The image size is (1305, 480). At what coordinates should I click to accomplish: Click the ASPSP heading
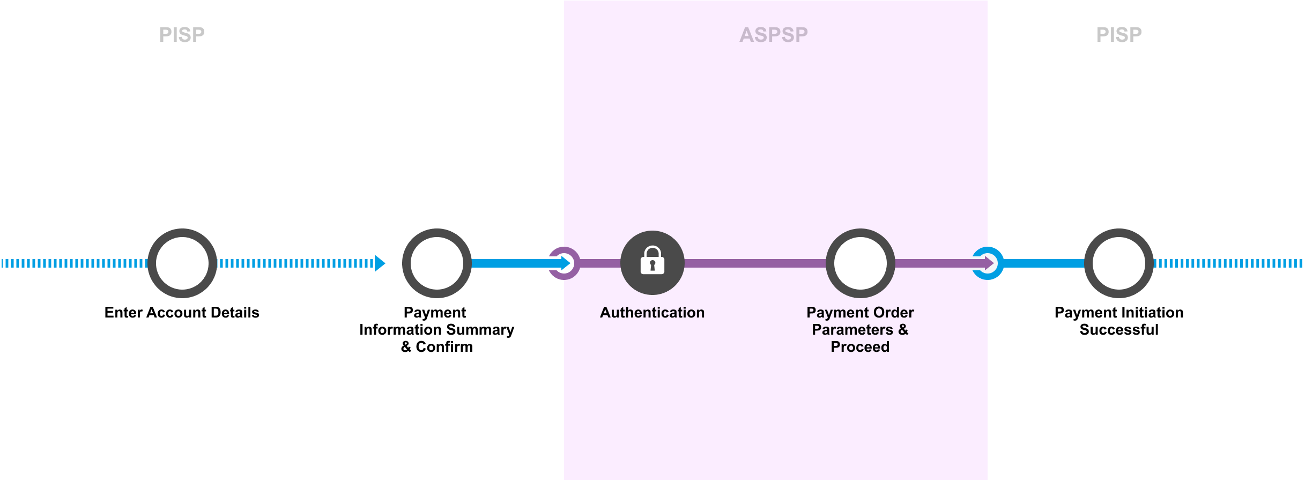(x=773, y=35)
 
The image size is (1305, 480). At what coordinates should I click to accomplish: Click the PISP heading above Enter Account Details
(x=182, y=35)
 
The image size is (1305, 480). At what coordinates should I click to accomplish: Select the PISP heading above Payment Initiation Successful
(x=1118, y=35)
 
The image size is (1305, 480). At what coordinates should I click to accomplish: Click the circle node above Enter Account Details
(x=182, y=263)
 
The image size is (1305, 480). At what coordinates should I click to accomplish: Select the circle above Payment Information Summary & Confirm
(x=436, y=263)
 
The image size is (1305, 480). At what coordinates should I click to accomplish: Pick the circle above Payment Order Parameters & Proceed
(x=860, y=263)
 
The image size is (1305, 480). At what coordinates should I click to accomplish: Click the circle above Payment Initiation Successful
(x=1118, y=263)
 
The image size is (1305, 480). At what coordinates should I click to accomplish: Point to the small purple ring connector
(x=564, y=263)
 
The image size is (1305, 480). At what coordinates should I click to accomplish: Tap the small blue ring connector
(x=988, y=263)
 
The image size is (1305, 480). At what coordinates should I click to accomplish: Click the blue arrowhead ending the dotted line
(x=380, y=263)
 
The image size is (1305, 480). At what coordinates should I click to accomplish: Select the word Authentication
(x=652, y=313)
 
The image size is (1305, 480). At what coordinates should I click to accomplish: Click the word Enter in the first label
(x=123, y=313)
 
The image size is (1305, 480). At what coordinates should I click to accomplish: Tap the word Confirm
(x=444, y=347)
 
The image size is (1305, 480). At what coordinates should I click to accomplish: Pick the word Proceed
(x=860, y=347)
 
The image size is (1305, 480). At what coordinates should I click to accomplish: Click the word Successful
(x=1119, y=330)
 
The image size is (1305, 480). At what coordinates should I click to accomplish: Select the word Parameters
(x=852, y=330)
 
